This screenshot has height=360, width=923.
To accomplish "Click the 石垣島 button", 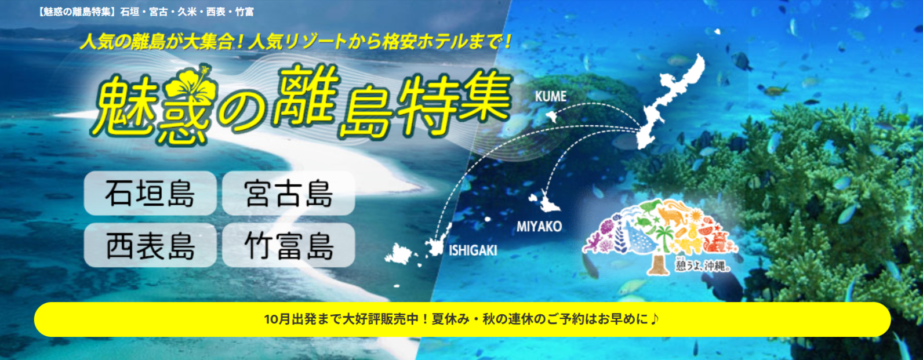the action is click(x=150, y=193).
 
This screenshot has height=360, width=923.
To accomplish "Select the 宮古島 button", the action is click(x=289, y=193).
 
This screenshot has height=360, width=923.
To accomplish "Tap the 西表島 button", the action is click(x=150, y=245).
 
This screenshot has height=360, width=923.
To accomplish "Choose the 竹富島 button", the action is click(x=289, y=245).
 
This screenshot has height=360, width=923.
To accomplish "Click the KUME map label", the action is click(x=551, y=96).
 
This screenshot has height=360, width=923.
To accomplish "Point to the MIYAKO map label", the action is click(x=539, y=227).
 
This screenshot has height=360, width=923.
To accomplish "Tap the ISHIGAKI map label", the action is click(x=473, y=250).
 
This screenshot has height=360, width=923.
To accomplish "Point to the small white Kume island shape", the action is click(x=551, y=116).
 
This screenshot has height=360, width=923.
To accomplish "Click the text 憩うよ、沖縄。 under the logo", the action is click(x=703, y=266).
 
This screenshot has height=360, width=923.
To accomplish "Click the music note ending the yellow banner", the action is click(x=655, y=318).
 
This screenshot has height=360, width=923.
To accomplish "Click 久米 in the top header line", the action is click(x=187, y=12).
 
